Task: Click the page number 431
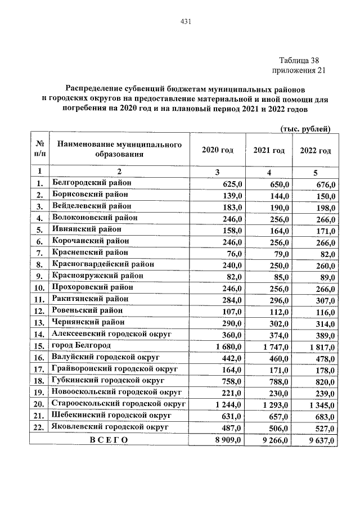[x=186, y=22]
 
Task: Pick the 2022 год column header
[x=315, y=150]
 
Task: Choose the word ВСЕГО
[x=109, y=439]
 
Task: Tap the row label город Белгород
[x=81, y=345]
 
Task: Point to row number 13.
[x=39, y=322]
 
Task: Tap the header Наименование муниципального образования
[x=119, y=150]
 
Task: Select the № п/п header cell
[x=39, y=150]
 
